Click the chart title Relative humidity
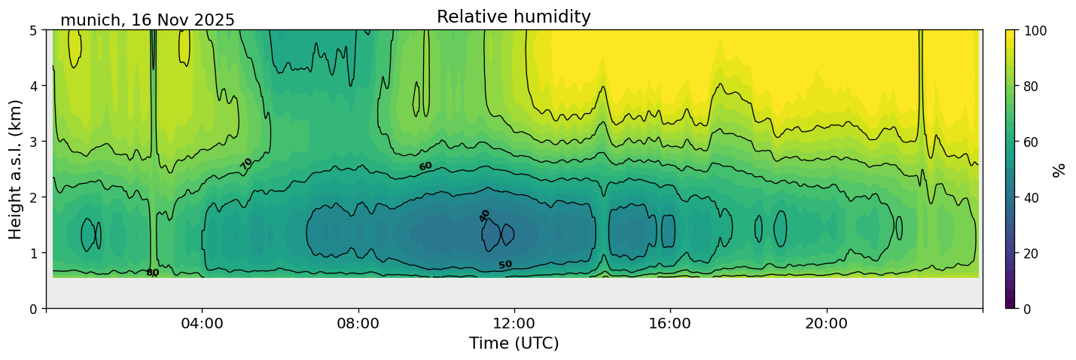(514, 17)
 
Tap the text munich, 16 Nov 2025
(148, 20)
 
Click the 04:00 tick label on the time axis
(203, 323)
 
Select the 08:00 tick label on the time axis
(358, 323)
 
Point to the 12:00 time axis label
(514, 323)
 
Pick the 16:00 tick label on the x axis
(670, 323)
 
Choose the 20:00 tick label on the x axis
(827, 323)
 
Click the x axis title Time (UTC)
(514, 343)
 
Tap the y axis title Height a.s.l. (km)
(16, 169)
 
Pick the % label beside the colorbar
(1059, 169)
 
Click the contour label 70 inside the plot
(246, 163)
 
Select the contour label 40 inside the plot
(484, 215)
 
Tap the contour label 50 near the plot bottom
(505, 264)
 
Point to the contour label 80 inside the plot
(152, 273)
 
